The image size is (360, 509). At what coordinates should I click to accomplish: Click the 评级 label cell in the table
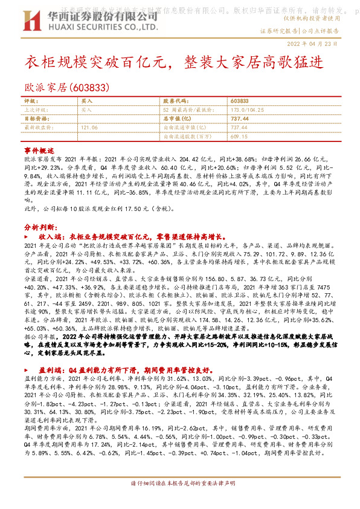pos(30,101)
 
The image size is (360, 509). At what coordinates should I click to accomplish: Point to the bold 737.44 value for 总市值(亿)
pos(239,119)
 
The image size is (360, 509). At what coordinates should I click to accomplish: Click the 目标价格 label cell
pos(34,119)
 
